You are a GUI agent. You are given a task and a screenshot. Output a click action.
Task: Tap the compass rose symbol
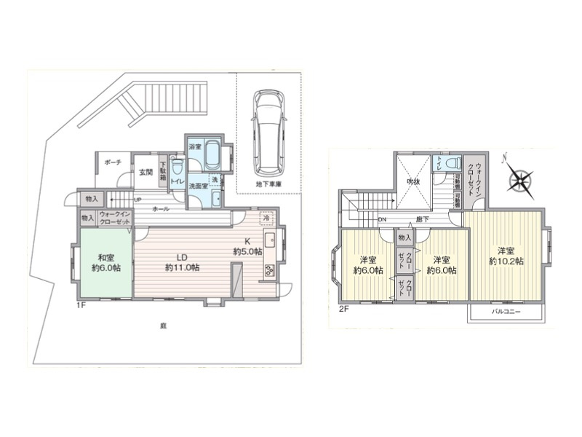521,177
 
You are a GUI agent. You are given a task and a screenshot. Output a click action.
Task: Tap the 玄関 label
145,173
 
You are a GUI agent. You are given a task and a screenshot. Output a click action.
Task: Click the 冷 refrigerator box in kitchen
267,218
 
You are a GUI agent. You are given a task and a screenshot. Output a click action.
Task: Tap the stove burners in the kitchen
268,271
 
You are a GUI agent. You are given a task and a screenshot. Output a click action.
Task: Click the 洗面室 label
199,186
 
